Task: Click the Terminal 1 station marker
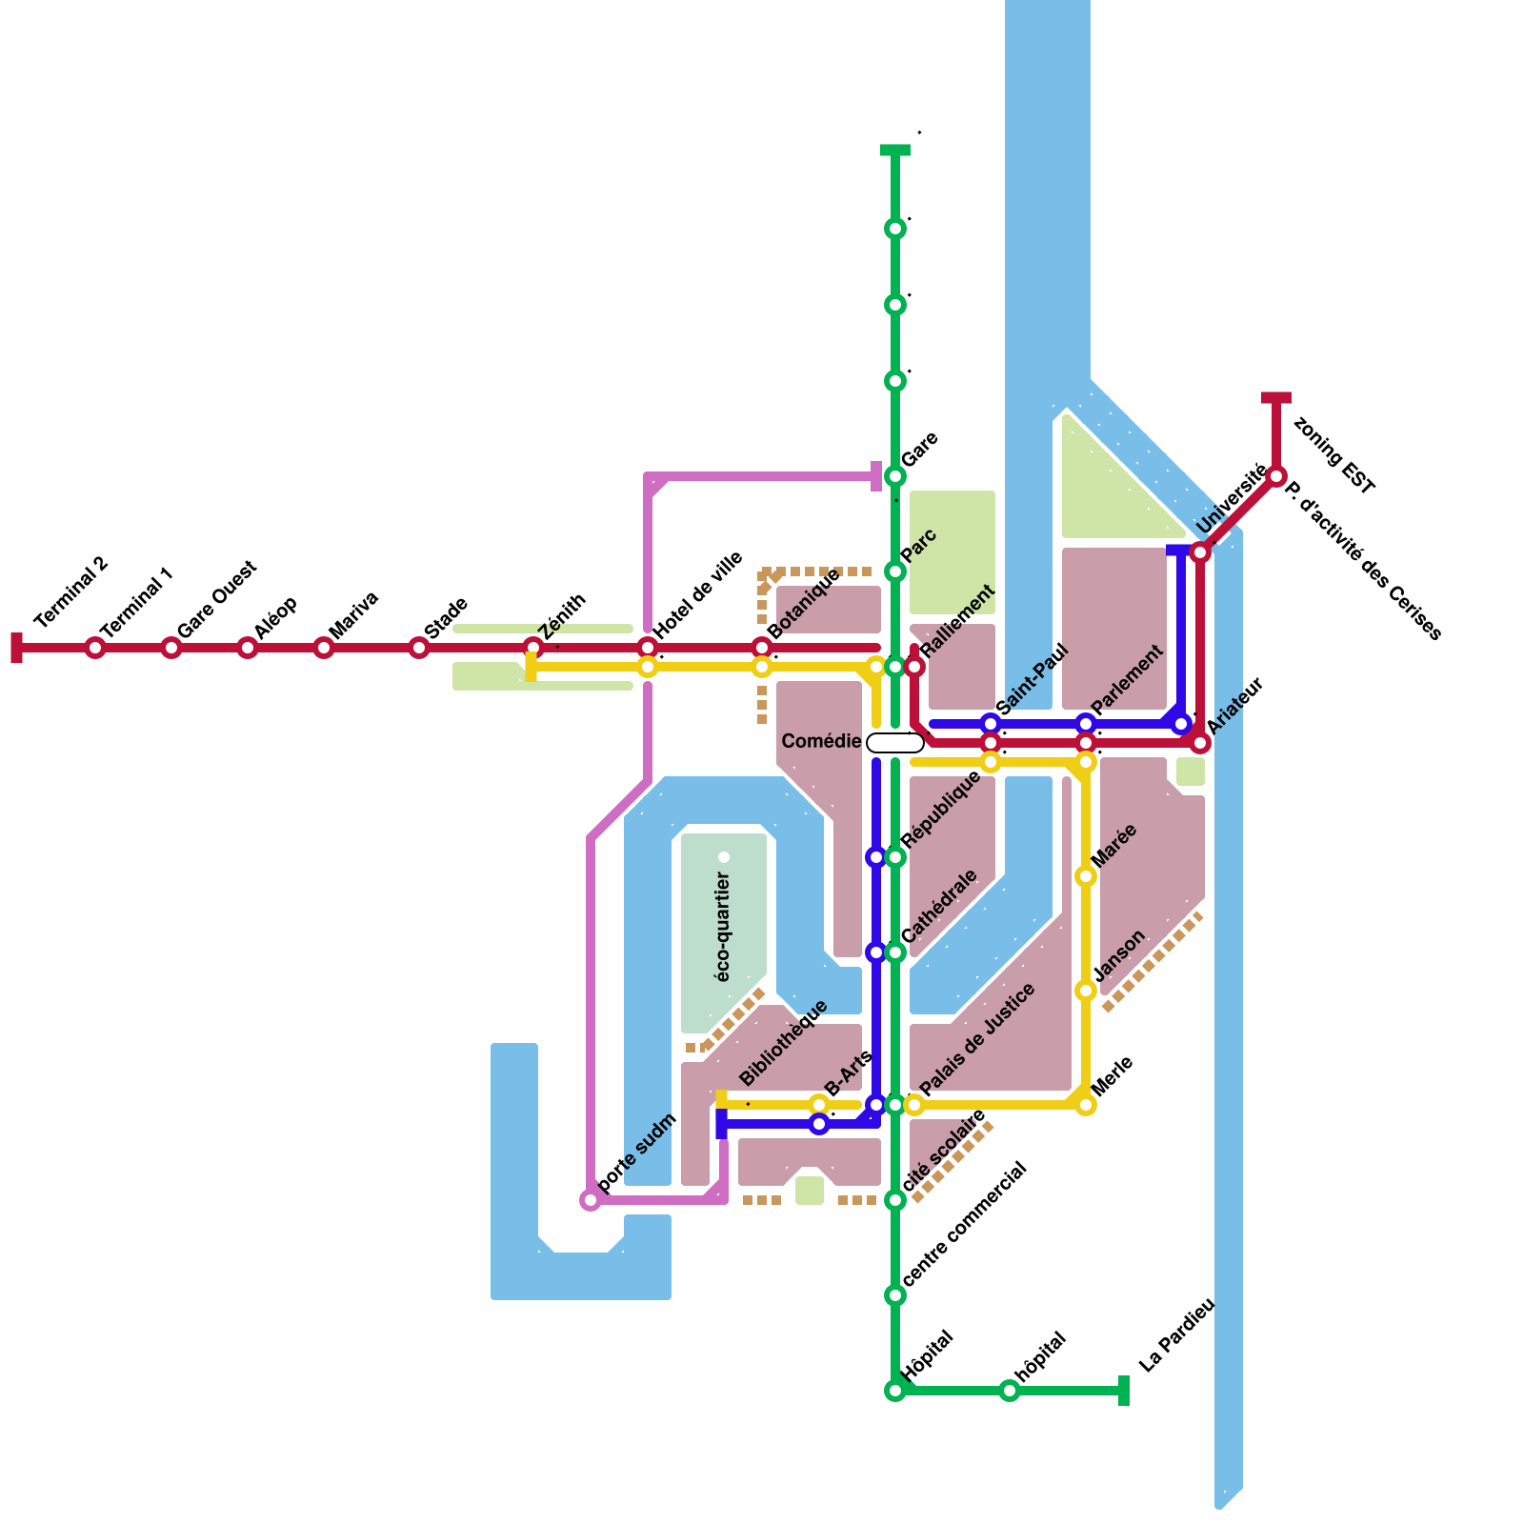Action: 95,648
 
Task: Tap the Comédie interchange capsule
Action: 895,743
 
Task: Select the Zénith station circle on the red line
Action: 533,648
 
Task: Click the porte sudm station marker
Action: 591,1200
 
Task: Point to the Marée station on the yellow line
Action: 1086,876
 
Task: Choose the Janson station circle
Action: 1086,991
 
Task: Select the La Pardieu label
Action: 1176,1335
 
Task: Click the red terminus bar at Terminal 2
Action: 16,648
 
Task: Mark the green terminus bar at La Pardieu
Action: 1124,1391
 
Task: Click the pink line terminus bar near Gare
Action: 876,476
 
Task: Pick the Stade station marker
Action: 419,648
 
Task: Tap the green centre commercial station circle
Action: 895,1295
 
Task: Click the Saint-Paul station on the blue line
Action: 991,724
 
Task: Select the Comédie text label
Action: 821,741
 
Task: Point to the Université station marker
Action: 1200,552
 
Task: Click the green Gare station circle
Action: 895,476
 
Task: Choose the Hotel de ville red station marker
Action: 648,648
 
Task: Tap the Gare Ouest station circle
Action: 171,648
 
